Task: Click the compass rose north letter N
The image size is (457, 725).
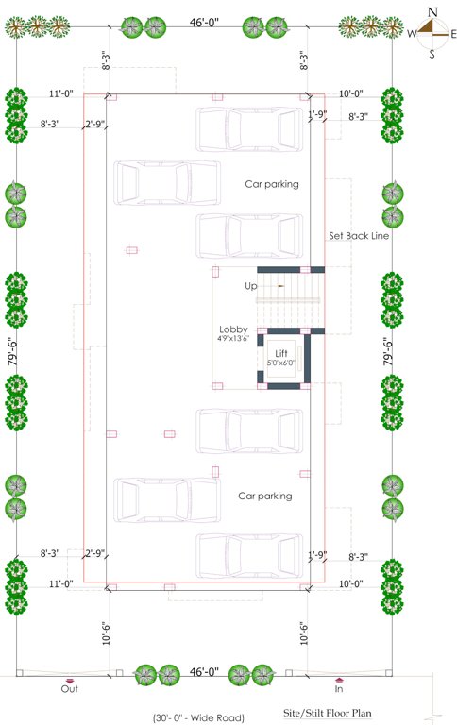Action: point(432,11)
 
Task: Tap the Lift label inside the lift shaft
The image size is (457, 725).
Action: point(281,352)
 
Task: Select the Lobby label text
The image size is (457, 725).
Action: point(233,329)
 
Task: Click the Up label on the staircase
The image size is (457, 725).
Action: point(251,285)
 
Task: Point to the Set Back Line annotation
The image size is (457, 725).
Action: point(359,235)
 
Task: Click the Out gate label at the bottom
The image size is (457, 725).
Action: point(69,689)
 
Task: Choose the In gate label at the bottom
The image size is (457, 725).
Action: point(339,689)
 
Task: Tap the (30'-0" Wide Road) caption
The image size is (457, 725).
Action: point(198,717)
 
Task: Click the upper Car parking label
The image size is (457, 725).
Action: point(272,184)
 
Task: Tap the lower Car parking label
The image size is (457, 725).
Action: point(264,495)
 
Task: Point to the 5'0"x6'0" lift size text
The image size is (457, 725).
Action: point(281,362)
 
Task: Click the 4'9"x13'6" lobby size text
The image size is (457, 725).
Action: point(233,338)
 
